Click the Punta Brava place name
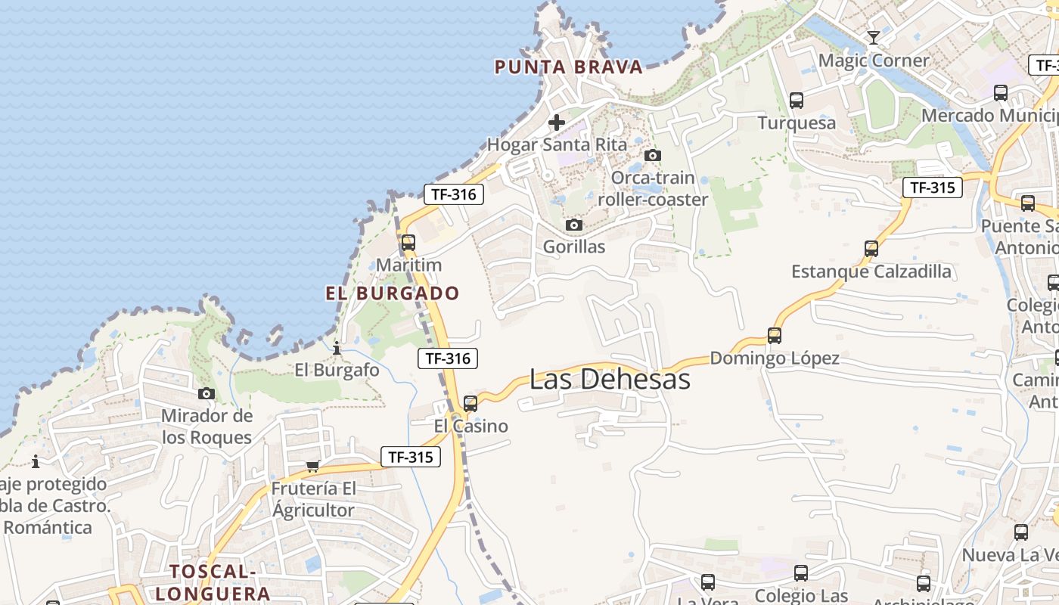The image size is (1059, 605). tap(568, 67)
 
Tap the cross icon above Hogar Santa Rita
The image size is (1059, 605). tap(557, 123)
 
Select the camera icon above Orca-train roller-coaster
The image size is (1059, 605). tap(652, 156)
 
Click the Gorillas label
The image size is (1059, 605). tap(574, 247)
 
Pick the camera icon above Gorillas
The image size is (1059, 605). tap(574, 225)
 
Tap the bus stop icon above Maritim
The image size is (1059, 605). tap(408, 243)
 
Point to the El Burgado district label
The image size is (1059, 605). tap(393, 293)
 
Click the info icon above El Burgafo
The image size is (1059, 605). tap(337, 349)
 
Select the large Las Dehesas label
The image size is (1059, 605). tap(610, 379)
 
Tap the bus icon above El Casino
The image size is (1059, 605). tap(470, 404)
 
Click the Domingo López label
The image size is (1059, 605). tap(775, 358)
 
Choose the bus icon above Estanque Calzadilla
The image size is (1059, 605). tap(871, 248)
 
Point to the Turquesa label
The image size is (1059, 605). tap(797, 123)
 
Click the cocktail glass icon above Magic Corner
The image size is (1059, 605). tap(874, 38)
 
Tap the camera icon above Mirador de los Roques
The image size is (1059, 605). tap(207, 393)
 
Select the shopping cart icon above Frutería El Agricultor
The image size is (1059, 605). tap(313, 466)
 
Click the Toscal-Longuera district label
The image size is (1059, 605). tap(219, 582)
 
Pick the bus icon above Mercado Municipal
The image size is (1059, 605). tap(1001, 93)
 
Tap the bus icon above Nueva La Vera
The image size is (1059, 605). tap(1021, 532)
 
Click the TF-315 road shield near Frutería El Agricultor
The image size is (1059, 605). tap(410, 457)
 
